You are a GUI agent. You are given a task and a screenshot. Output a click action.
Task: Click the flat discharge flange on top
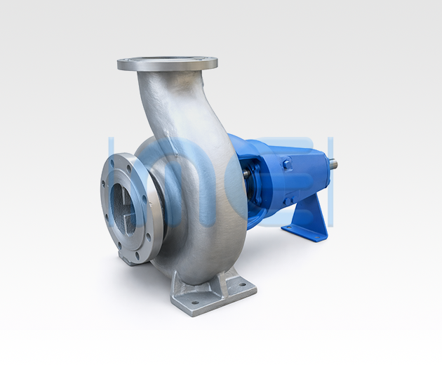[x=167, y=64]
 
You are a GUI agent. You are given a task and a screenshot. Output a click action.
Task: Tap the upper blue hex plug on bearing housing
[x=287, y=164]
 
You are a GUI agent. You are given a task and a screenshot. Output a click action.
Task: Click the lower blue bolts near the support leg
[x=288, y=199]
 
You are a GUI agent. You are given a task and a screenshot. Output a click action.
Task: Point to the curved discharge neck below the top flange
[x=168, y=105]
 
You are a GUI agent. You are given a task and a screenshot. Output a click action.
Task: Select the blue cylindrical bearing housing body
[x=295, y=175]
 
